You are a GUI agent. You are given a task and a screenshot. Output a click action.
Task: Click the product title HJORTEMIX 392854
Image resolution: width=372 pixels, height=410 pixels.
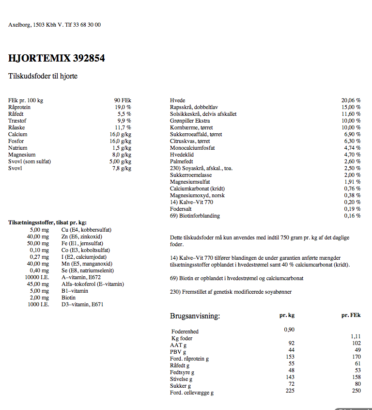coord(57,59)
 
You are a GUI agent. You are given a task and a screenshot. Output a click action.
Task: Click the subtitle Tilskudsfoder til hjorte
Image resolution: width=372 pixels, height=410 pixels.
coord(43,76)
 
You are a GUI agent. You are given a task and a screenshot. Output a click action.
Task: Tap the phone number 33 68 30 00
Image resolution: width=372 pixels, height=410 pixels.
coord(87,25)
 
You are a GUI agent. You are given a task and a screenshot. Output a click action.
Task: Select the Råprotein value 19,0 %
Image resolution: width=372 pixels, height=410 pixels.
coord(123,107)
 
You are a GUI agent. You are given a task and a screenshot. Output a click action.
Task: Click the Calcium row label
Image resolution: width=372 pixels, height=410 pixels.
coord(18,134)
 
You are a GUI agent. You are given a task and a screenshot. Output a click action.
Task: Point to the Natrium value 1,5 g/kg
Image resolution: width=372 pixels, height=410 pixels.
coord(122,148)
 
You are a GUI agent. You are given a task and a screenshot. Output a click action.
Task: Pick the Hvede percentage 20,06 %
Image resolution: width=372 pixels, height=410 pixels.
coord(351,100)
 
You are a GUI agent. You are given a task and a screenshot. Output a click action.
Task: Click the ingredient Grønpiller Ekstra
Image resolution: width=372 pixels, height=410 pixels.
coord(190,121)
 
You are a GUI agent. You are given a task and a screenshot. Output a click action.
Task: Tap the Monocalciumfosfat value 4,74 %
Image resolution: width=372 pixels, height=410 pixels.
coord(352,148)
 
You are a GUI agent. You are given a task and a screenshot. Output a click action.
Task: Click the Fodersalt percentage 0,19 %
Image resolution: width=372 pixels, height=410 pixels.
coord(352,209)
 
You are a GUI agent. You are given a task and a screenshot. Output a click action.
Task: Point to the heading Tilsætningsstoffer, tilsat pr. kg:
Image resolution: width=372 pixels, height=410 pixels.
coord(47,222)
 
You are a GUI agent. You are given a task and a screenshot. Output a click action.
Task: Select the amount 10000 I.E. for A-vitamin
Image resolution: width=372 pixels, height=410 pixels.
coord(37,277)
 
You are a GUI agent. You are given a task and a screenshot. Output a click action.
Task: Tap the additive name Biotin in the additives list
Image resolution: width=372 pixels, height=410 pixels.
coord(68,298)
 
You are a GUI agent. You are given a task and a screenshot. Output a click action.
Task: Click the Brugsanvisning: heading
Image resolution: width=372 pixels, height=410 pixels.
coord(195,316)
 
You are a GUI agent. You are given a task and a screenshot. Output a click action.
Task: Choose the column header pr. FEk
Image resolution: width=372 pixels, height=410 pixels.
coord(351,315)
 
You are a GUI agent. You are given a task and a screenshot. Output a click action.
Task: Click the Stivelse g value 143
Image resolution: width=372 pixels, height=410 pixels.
coord(290,377)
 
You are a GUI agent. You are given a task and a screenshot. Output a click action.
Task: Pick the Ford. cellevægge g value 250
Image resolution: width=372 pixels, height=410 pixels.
coord(356,391)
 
